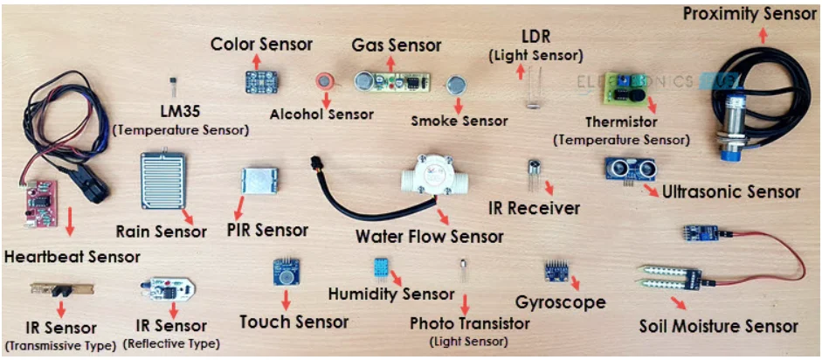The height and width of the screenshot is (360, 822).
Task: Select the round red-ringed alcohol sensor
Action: (x=325, y=81)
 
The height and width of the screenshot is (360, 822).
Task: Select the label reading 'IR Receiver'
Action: (x=533, y=209)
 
